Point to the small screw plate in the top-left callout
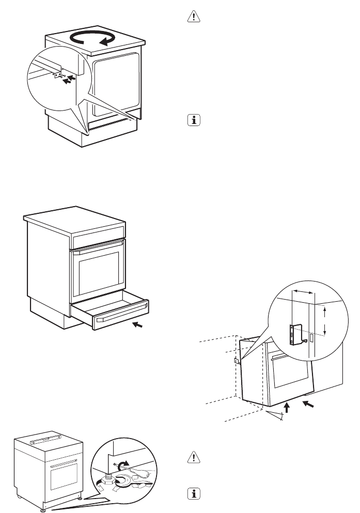click(56, 76)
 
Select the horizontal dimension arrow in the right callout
click(303, 292)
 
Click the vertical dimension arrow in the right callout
click(324, 320)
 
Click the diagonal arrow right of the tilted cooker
click(308, 405)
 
